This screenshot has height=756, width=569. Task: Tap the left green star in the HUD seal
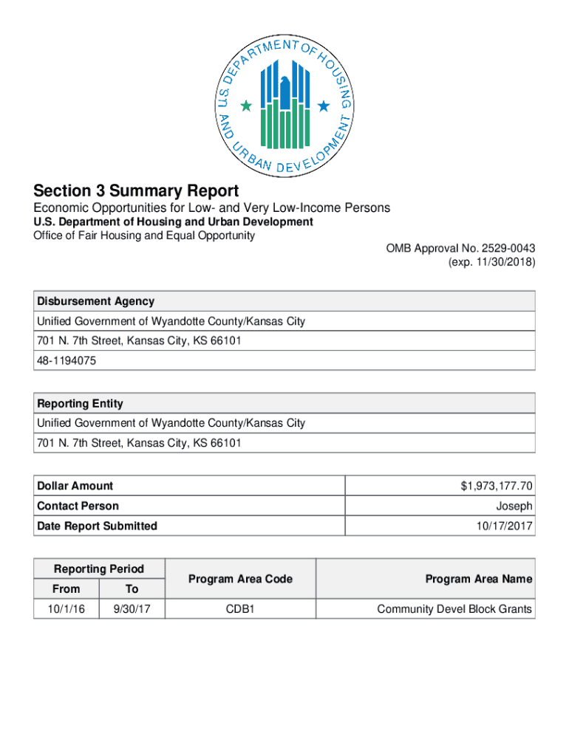coord(246,107)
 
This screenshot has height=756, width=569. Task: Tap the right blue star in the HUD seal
coord(323,107)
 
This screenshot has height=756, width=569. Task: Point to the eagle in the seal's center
coord(285,89)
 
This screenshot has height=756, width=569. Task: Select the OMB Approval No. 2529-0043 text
coord(460,248)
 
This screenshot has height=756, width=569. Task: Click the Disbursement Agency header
coord(96,301)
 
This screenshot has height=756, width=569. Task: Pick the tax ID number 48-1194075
coord(67,361)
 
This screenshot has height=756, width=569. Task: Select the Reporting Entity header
coord(81,404)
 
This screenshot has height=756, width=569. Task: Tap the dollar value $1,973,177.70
coord(497,486)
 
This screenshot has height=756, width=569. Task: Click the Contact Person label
coord(78,506)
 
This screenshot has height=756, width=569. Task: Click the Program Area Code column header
coord(240,579)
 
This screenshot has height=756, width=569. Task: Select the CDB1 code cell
coord(240,609)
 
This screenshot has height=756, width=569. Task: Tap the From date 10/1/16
coord(67,609)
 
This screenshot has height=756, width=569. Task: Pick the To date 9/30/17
coord(132,609)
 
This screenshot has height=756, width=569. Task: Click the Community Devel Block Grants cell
coord(454,609)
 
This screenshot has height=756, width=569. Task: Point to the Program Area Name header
coord(478,579)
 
